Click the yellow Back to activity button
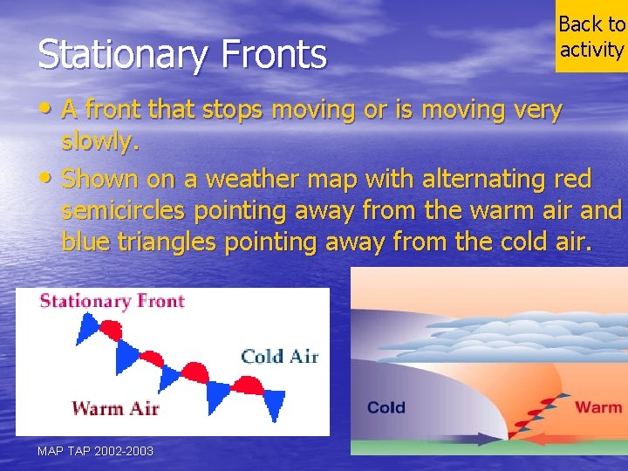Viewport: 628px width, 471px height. [591, 37]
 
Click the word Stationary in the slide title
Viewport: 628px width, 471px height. [113, 54]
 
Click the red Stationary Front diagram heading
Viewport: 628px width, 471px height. [113, 302]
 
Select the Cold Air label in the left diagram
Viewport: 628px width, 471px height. [279, 356]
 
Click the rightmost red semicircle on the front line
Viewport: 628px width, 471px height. [250, 385]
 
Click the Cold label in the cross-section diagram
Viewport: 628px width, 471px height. [386, 407]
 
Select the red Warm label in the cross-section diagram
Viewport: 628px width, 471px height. [597, 407]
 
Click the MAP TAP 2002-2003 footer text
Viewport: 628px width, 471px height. [95, 451]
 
